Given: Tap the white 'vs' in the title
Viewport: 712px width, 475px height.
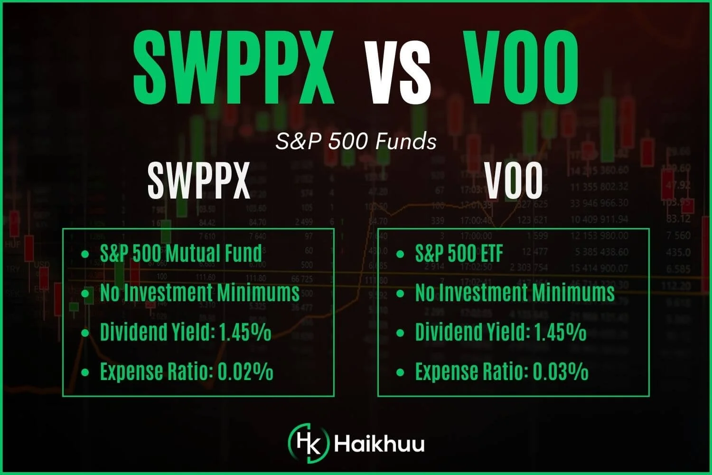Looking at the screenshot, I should tap(397, 74).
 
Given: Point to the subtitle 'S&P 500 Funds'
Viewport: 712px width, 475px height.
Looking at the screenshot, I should tap(356, 142).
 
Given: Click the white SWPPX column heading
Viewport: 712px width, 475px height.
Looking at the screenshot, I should tap(198, 181).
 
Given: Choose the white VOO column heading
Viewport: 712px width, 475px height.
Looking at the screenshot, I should tap(514, 181).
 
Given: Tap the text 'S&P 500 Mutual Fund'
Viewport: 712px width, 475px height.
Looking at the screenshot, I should tap(181, 253).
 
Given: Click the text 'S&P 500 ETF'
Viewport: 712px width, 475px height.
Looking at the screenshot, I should tap(459, 253).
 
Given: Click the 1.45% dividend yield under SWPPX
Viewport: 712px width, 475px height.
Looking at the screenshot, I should tap(245, 332).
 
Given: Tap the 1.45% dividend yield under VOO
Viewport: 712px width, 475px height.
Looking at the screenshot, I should tap(560, 332).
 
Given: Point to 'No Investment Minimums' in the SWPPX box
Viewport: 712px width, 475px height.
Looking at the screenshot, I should tap(200, 293).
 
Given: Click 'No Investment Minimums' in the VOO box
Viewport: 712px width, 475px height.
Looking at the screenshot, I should tap(515, 293).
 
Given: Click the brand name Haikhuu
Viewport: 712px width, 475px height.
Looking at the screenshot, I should tap(379, 444).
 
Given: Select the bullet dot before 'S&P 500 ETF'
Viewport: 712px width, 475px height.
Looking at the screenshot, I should tap(400, 254).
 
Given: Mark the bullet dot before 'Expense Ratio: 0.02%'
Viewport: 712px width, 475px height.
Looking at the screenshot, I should tap(85, 372).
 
